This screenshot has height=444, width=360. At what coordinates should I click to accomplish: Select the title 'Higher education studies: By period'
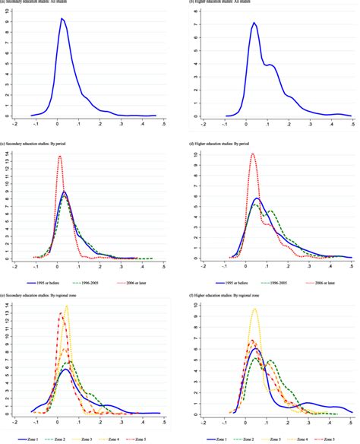click(228, 143)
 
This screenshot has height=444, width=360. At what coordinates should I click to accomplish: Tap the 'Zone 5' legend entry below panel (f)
click(331, 439)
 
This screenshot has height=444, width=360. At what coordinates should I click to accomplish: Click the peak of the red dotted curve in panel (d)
click(251, 154)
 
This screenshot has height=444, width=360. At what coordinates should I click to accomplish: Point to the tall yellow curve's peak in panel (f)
click(254, 308)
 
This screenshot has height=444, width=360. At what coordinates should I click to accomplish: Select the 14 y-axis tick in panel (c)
click(7, 154)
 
